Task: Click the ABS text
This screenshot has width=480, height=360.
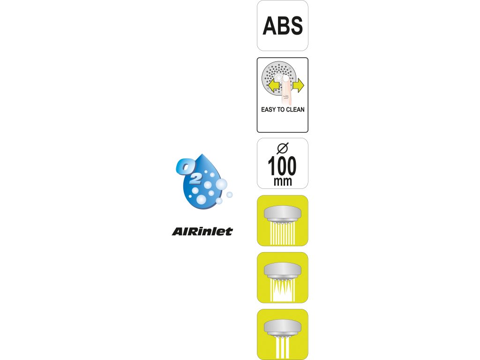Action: [282, 26]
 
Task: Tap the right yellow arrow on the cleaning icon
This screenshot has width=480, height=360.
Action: [298, 85]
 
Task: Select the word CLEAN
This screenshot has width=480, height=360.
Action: [295, 110]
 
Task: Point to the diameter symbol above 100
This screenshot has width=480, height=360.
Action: [282, 149]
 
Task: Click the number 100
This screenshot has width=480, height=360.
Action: [282, 167]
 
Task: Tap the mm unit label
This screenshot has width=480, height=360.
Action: [282, 181]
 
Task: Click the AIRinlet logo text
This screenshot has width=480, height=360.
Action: [202, 231]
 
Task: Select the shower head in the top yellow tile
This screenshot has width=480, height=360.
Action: [282, 213]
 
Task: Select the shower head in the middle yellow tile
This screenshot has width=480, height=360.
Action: [282, 270]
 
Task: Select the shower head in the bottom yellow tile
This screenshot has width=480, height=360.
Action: [282, 327]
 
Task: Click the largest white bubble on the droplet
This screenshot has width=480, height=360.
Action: [221, 184]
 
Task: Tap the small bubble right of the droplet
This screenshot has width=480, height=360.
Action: [230, 195]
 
